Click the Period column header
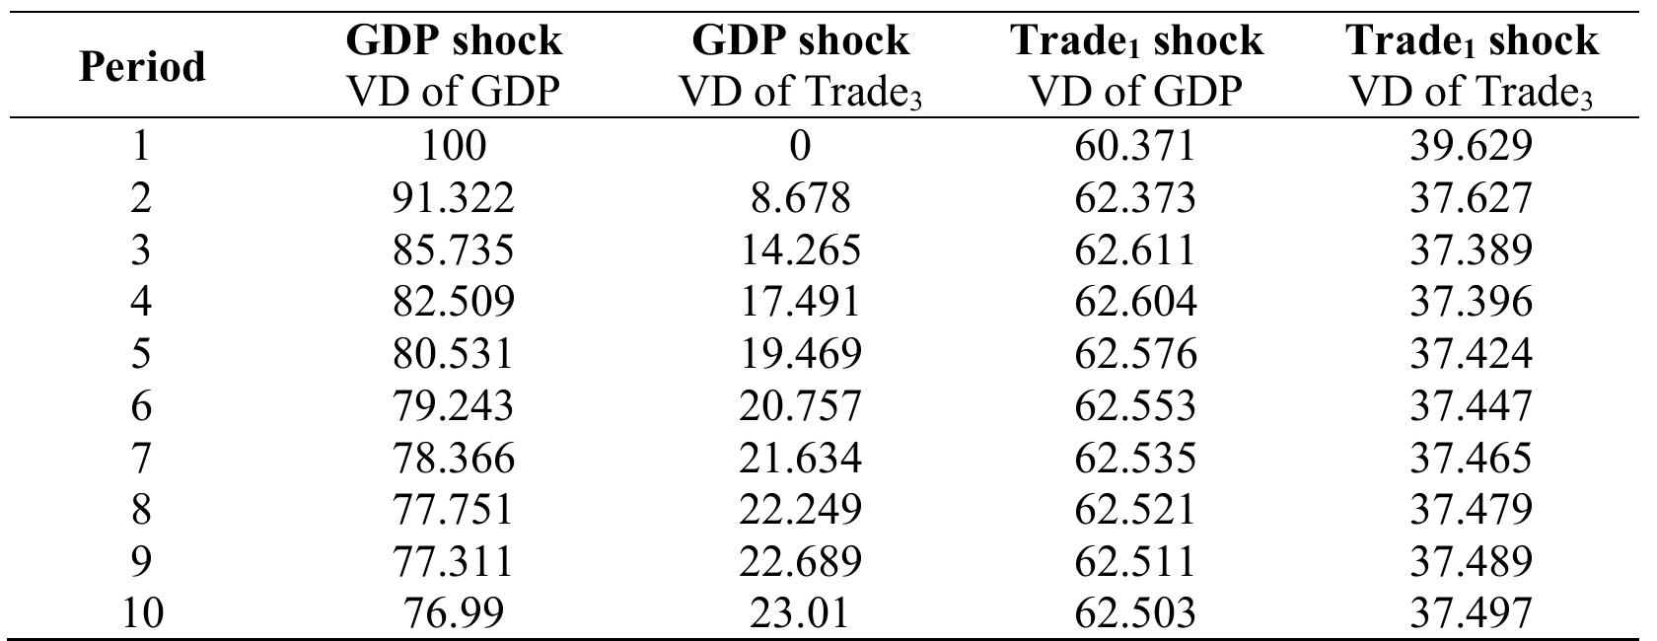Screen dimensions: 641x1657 tap(142, 67)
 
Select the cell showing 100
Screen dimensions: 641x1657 tap(453, 146)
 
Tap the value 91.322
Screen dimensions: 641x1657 tap(453, 197)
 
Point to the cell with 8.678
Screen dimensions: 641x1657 tap(800, 197)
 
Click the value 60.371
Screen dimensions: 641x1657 tap(1135, 146)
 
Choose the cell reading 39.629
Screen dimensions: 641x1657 tap(1471, 146)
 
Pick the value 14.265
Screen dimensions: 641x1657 tap(800, 249)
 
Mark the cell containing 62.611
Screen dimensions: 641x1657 tap(1135, 249)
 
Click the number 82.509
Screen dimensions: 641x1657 tap(453, 301)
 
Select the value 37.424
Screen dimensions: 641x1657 tap(1471, 353)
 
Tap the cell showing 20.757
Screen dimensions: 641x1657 tap(800, 405)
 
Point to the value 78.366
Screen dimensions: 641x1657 tap(453, 458)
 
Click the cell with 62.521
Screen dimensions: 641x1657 tap(1135, 509)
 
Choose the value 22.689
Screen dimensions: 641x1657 tap(800, 561)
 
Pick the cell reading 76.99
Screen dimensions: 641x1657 tap(453, 613)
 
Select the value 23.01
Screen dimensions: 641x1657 tap(800, 613)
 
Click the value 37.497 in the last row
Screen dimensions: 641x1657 tap(1471, 613)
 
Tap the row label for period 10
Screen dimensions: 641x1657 tap(142, 613)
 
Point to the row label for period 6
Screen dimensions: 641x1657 tap(142, 405)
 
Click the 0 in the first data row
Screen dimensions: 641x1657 tap(800, 146)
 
